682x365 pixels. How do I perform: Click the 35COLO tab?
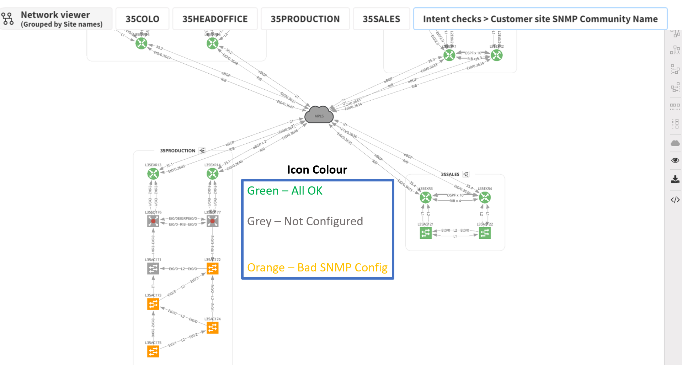click(142, 19)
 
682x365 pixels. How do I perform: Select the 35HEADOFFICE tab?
click(215, 19)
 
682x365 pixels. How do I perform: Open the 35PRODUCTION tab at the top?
click(305, 19)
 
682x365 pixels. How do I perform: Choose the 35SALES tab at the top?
click(381, 19)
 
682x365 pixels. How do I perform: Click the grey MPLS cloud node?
click(319, 115)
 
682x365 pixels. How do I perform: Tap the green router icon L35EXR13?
click(153, 174)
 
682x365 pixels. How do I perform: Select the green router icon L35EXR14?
click(213, 174)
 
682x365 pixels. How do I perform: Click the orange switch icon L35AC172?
click(213, 269)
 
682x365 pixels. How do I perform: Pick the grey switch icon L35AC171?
click(153, 269)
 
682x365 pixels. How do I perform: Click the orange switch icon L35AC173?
click(153, 304)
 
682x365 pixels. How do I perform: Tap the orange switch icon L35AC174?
click(213, 328)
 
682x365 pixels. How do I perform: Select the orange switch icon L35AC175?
click(153, 351)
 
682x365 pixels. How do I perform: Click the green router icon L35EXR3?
click(426, 197)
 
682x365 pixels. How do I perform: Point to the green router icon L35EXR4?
click(485, 197)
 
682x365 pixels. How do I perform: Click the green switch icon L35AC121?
click(426, 233)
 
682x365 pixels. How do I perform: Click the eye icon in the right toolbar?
click(675, 160)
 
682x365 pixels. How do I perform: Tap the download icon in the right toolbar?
click(675, 179)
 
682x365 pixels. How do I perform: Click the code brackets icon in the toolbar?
click(675, 200)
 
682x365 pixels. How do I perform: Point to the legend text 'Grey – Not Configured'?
click(305, 221)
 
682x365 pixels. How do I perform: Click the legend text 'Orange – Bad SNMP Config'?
click(317, 268)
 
